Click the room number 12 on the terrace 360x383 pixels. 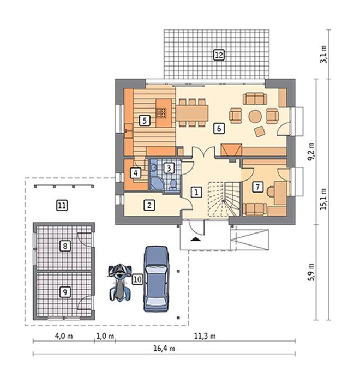pos(219,55)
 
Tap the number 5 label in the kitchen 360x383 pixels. pos(145,121)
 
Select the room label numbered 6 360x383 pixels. pos(219,128)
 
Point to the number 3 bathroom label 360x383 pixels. pos(169,168)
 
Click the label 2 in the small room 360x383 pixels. pos(149,205)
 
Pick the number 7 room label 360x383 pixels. pos(257,187)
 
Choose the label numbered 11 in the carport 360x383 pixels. pos(62,205)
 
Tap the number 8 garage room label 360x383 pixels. pos(65,246)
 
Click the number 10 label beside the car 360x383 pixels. pos(137,279)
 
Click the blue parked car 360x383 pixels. pos(156,278)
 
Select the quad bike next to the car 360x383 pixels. pos(119,282)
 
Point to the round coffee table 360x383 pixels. pos(255,116)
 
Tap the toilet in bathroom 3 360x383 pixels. pos(173,184)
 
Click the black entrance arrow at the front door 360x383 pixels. pos(196,239)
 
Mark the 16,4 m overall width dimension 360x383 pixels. pos(164,348)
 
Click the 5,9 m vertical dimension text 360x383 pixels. pos(311,272)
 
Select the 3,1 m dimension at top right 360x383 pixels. pos(323,54)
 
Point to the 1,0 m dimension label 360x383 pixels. pos(105,336)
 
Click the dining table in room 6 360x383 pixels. pos(192,113)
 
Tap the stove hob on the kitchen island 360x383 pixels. pos(161,113)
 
